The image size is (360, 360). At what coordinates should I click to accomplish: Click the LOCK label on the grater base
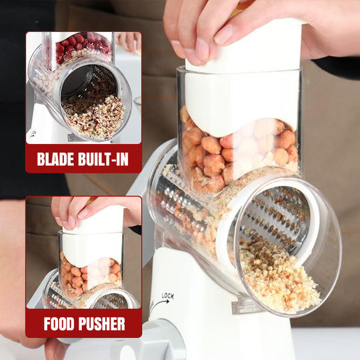[167, 296]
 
